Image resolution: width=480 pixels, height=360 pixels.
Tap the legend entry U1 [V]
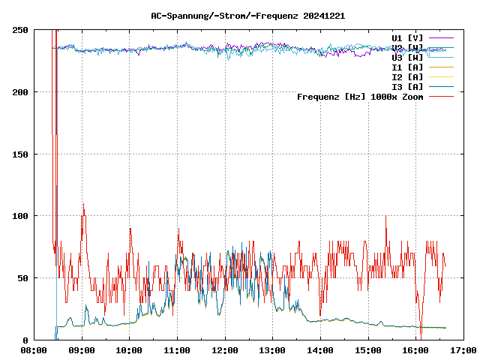click(x=407, y=37)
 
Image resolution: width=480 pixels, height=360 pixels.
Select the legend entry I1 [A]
click(x=407, y=67)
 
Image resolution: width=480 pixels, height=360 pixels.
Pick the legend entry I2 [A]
click(x=407, y=76)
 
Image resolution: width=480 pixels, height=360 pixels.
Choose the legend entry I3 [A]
click(x=407, y=86)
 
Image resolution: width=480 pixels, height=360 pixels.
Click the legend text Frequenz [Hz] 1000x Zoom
click(x=360, y=97)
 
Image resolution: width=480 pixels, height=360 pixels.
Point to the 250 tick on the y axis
click(x=20, y=30)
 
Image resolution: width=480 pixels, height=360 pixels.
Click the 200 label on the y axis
click(x=20, y=92)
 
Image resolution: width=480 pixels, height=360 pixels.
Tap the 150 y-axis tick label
click(x=20, y=154)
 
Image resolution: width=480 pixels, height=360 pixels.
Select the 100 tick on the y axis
click(x=20, y=216)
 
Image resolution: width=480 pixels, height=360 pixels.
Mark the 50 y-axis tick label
click(x=22, y=278)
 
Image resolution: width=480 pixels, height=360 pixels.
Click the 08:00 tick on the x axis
click(x=34, y=350)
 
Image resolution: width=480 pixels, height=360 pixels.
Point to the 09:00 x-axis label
click(x=82, y=350)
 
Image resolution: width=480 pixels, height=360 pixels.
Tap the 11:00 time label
click(x=177, y=350)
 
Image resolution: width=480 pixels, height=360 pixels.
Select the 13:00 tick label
click(x=272, y=350)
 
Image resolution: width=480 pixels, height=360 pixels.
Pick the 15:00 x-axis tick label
click(x=367, y=350)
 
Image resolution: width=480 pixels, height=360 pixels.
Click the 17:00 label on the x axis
click(x=463, y=350)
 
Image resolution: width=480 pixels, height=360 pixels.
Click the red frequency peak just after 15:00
click(x=385, y=217)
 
